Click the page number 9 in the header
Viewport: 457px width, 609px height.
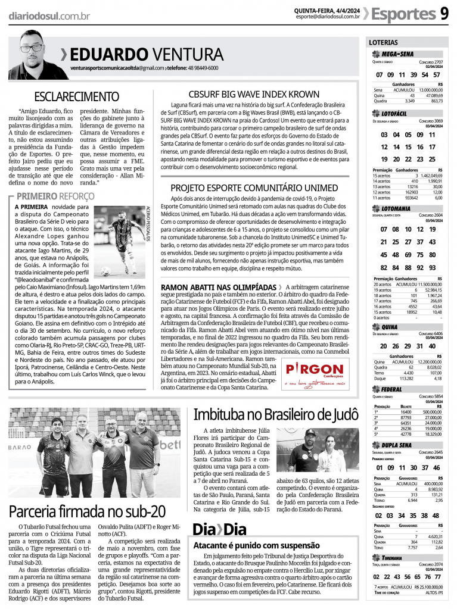click(444, 13)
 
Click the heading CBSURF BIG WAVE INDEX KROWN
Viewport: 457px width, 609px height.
click(254, 94)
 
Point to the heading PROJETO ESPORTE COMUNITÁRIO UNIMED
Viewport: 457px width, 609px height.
click(254, 188)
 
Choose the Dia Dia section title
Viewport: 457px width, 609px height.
click(219, 529)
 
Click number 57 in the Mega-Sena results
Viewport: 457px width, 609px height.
click(437, 75)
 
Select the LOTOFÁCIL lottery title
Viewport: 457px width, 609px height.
click(394, 113)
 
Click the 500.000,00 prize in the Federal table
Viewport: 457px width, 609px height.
click(432, 411)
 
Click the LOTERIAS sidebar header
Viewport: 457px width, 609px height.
click(383, 43)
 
